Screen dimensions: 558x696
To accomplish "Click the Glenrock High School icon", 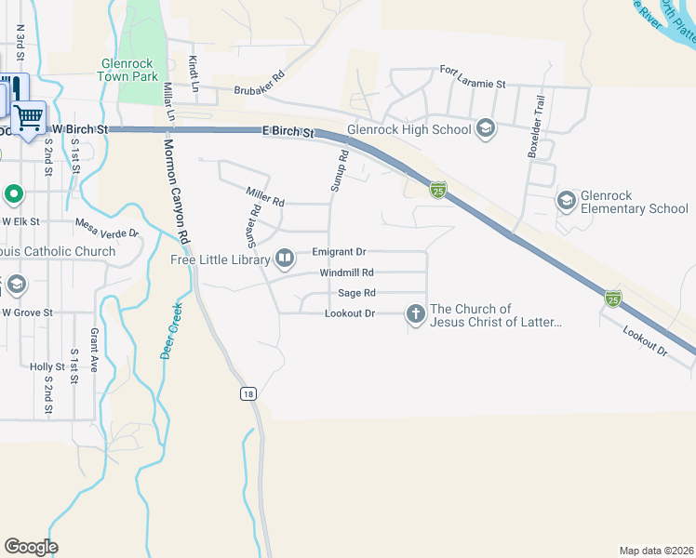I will point(485,128).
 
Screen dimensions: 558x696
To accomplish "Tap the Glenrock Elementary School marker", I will point(566,200).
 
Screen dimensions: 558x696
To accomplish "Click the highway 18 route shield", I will point(247,394).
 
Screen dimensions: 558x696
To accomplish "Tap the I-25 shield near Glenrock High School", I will point(437,191).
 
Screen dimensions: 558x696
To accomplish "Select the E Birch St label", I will point(287,133).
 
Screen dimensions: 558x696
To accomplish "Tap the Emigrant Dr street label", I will point(339,252).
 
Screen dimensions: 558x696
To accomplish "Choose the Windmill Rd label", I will point(346,272).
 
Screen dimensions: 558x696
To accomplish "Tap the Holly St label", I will point(47,367).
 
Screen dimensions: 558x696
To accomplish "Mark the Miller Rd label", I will point(264,195).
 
